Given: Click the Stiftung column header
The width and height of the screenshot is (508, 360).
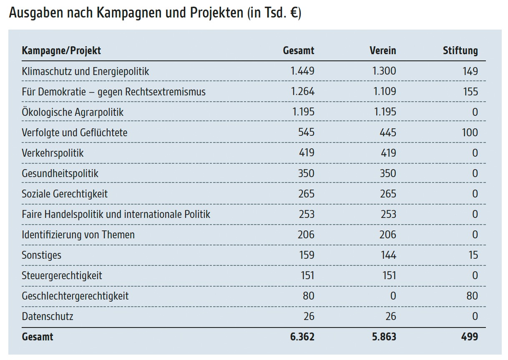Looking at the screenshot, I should [460, 51].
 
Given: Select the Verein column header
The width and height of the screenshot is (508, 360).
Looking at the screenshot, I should [382, 51].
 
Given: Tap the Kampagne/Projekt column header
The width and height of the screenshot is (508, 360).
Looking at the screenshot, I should [61, 51].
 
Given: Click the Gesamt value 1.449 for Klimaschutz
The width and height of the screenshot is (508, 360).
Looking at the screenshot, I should [302, 71].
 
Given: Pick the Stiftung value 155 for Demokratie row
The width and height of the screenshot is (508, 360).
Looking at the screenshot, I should [470, 92].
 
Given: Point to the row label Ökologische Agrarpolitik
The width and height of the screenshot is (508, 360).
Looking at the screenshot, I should [73, 112].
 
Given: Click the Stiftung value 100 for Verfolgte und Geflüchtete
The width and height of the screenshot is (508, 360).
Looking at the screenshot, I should [470, 132].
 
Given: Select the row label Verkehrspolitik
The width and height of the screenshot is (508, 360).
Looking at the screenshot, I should [53, 153].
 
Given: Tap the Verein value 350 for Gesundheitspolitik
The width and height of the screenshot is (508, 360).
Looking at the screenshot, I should [388, 173].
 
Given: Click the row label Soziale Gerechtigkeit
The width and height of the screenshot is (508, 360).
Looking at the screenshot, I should [65, 194].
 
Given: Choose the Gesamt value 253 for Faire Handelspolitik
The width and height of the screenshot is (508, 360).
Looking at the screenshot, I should [306, 214].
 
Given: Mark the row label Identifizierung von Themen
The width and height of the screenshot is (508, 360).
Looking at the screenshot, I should [78, 235].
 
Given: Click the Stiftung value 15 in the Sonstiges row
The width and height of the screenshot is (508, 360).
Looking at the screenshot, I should [473, 255].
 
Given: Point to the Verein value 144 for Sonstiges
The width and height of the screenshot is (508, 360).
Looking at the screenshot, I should [388, 255].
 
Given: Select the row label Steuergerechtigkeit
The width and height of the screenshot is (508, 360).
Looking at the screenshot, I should [62, 275].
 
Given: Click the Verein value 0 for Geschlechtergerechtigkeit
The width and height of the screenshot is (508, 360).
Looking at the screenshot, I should [392, 296].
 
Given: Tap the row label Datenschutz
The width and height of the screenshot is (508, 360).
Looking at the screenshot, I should [47, 316].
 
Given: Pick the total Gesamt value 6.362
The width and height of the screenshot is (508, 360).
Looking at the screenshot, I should [302, 337].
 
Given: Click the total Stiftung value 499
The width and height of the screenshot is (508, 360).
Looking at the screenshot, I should [470, 337].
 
